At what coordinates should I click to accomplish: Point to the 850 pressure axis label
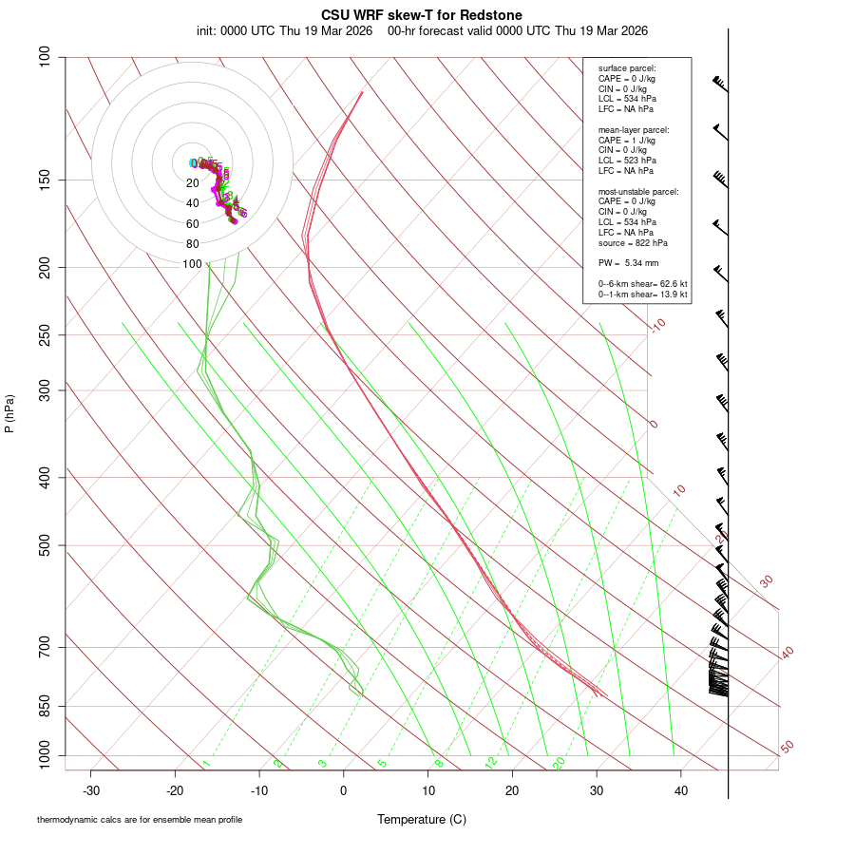[x=46, y=707]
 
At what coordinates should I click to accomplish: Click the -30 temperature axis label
[x=91, y=790]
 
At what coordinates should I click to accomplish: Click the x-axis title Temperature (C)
[x=422, y=819]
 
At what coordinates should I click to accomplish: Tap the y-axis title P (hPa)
[x=9, y=414]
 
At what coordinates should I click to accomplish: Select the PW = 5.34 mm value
[x=628, y=262]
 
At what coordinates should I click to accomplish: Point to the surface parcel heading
[x=627, y=68]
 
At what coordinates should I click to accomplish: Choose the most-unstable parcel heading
[x=638, y=191]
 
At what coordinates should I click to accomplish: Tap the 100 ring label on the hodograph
[x=193, y=264]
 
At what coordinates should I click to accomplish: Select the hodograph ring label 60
[x=193, y=224]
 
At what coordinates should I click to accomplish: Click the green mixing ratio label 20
[x=560, y=762]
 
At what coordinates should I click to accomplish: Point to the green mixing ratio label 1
[x=206, y=763]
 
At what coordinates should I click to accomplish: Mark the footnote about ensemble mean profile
[x=140, y=819]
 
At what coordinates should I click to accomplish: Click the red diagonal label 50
[x=787, y=748]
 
